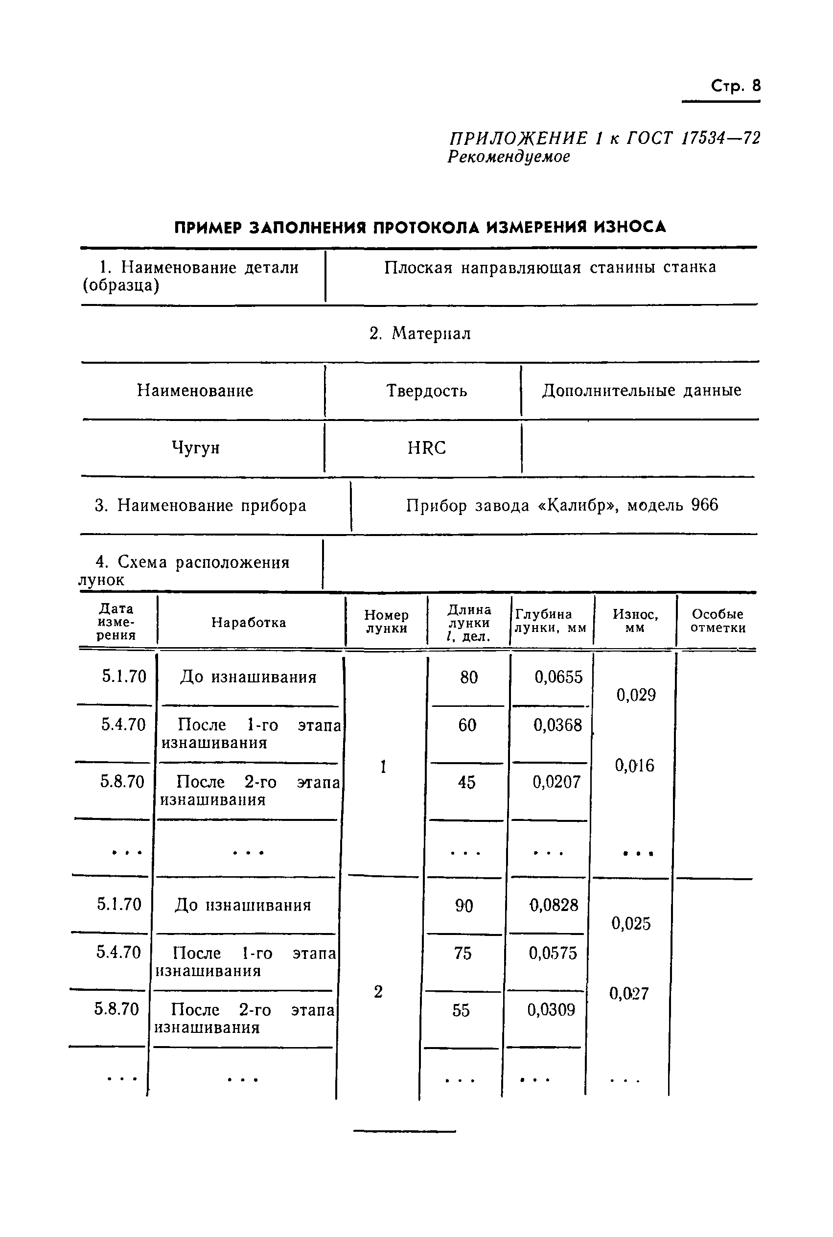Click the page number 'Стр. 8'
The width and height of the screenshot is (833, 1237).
(735, 86)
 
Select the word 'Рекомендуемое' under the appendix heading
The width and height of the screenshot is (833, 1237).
(509, 157)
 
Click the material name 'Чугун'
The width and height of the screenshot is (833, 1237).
(195, 448)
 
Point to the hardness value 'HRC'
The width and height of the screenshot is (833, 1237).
(427, 448)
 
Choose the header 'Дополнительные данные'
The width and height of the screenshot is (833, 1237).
(641, 391)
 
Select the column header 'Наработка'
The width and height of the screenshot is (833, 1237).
(249, 622)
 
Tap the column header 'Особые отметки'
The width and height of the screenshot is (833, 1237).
(717, 621)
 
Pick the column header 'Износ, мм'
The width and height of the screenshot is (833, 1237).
(635, 621)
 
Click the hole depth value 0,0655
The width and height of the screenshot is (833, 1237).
(558, 677)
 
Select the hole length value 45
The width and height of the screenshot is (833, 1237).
(466, 782)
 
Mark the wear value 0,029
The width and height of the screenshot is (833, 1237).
(636, 695)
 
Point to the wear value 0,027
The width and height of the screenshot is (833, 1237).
(629, 994)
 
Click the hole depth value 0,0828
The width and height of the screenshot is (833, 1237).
(554, 906)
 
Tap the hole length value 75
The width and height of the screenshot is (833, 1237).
(463, 953)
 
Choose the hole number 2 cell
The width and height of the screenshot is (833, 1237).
(378, 992)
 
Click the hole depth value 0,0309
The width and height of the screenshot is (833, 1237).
(551, 1010)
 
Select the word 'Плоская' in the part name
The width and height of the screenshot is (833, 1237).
(418, 267)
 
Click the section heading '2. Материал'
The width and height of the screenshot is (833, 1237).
(420, 334)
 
